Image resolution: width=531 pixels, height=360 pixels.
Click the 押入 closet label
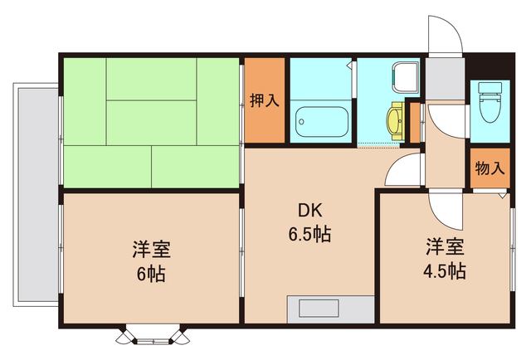(x=264, y=100)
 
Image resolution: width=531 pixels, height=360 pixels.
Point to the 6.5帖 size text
(x=310, y=235)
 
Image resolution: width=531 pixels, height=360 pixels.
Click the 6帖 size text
(x=150, y=273)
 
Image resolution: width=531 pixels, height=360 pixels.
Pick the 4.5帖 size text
(x=445, y=270)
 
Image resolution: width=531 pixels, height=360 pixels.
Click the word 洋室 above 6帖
(x=150, y=249)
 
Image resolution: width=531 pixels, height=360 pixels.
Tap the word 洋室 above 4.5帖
(x=445, y=246)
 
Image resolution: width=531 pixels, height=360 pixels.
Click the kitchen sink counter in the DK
(x=330, y=309)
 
